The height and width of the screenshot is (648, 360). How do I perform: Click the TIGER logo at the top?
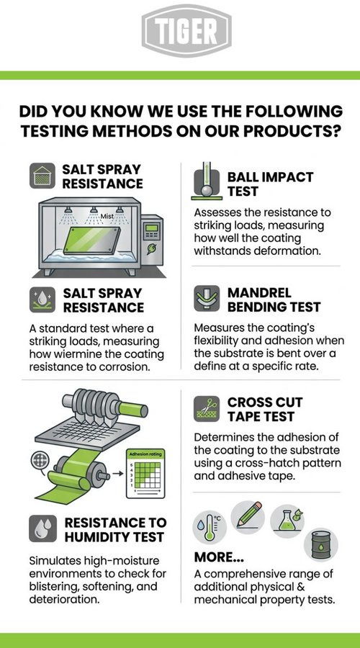pyautogui.click(x=186, y=31)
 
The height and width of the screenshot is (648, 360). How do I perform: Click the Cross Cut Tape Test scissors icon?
pyautogui.click(x=207, y=409)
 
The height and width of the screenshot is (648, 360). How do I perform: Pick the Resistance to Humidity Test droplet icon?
pyautogui.click(x=43, y=528)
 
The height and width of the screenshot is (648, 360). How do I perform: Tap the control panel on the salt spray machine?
pyautogui.click(x=152, y=240)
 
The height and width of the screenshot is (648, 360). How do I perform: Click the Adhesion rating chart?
pyautogui.click(x=145, y=473)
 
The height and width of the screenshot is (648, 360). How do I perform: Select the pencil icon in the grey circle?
pyautogui.click(x=248, y=516)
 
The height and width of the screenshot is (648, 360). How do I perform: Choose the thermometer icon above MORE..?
pyautogui.click(x=210, y=527)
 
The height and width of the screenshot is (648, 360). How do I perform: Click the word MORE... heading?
pyautogui.click(x=219, y=557)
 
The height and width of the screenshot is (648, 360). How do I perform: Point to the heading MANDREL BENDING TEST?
pyautogui.click(x=274, y=300)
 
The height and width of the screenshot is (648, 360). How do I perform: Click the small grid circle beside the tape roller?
pyautogui.click(x=40, y=460)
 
